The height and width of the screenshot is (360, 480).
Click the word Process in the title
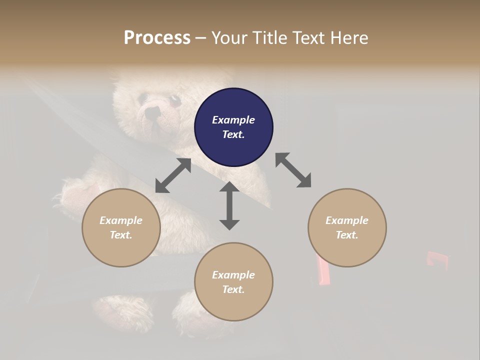click(157, 38)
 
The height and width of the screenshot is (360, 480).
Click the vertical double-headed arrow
click(229, 205)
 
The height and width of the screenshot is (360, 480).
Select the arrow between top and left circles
click(173, 175)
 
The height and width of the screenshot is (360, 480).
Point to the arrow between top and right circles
click(293, 170)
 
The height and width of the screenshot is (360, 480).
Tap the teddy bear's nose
click(150, 113)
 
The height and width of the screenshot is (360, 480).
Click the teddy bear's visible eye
click(175, 100)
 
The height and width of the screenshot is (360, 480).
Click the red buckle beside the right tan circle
click(322, 270)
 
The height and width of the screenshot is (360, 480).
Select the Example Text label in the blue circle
click(233, 127)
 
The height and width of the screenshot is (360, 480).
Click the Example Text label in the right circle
click(347, 227)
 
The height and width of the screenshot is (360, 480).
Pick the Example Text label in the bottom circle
click(233, 282)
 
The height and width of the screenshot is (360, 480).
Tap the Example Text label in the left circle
click(121, 227)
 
